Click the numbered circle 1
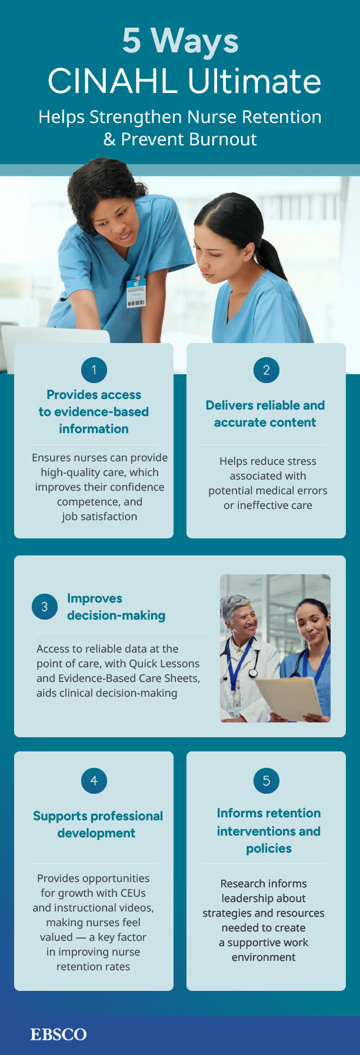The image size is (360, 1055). [94, 370]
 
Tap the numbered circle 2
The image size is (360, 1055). [266, 370]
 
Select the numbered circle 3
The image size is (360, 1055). [45, 607]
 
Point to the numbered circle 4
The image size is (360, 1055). [94, 781]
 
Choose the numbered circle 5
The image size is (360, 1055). [266, 781]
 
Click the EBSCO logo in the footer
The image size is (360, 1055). [59, 1034]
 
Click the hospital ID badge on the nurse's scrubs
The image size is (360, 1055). [136, 292]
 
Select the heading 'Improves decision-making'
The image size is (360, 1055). [116, 607]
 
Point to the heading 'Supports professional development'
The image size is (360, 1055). [98, 824]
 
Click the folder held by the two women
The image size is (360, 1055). [288, 698]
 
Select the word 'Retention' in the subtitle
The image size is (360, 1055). [276, 117]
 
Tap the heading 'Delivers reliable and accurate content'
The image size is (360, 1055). [265, 414]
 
